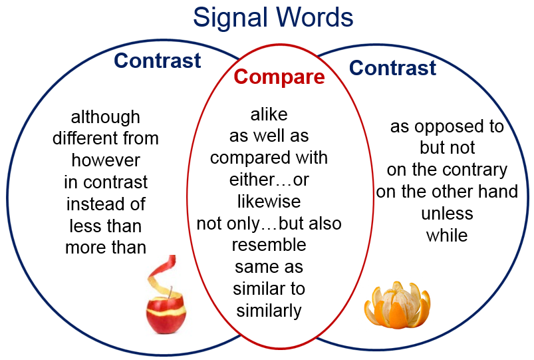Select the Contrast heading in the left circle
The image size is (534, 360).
pyautogui.click(x=158, y=61)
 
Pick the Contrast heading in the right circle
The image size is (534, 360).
pyautogui.click(x=392, y=67)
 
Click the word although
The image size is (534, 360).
pyautogui.click(x=106, y=118)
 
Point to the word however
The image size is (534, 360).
pyautogui.click(x=106, y=160)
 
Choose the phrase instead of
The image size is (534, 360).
pyautogui.click(x=106, y=204)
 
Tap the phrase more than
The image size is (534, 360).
pyautogui.click(x=106, y=248)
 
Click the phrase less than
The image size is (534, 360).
pyautogui.click(x=106, y=226)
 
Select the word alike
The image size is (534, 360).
pyautogui.click(x=269, y=114)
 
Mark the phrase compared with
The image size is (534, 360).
pyautogui.click(x=269, y=158)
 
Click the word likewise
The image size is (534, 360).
pyautogui.click(x=269, y=201)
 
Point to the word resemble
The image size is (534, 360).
pyautogui.click(x=269, y=245)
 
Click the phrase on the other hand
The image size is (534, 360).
pyautogui.click(x=447, y=192)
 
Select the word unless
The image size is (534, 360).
pyautogui.click(x=447, y=214)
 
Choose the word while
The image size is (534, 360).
pyautogui.click(x=447, y=235)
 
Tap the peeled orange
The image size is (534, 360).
pyautogui.click(x=397, y=305)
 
